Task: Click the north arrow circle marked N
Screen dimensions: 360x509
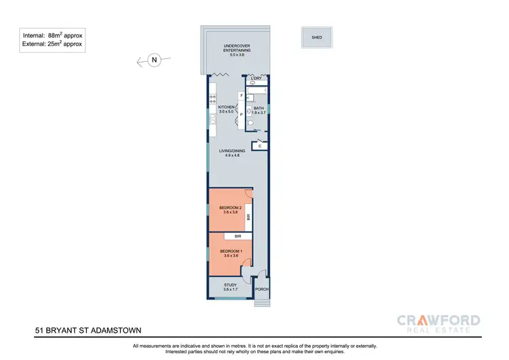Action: pos(154,60)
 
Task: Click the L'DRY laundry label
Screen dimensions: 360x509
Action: pos(257,79)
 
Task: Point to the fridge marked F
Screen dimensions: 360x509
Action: pos(241,96)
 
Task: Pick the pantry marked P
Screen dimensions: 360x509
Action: pos(241,114)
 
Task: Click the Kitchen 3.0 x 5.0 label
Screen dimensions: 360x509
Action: pos(226,110)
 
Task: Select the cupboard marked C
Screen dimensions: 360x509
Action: pos(261,145)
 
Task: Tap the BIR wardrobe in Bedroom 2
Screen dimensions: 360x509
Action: pos(249,217)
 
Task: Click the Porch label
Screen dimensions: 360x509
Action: pos(262,289)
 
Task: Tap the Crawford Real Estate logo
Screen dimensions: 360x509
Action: pos(438,323)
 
